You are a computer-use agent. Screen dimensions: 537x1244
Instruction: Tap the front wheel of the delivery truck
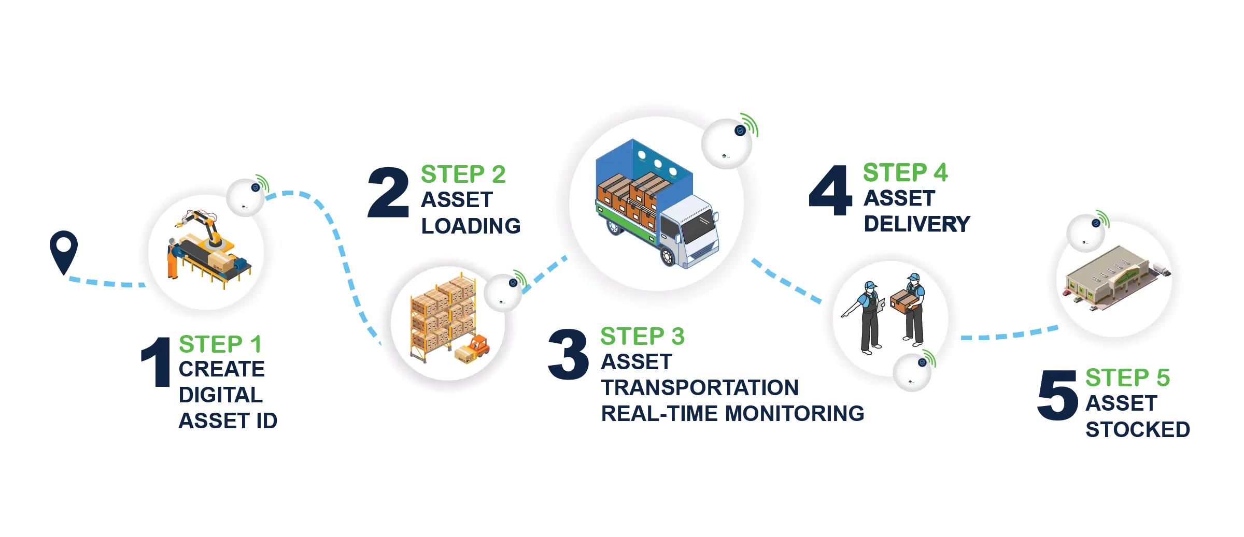pos(669,257)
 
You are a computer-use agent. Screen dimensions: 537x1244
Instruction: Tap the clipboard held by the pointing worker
pos(881,302)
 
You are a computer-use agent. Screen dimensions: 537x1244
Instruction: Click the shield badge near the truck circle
pos(740,130)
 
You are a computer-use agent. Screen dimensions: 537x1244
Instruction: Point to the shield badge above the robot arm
pos(256,187)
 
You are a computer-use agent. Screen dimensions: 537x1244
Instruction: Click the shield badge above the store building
pos(1096,223)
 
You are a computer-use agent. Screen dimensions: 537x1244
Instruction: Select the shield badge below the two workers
pos(923,363)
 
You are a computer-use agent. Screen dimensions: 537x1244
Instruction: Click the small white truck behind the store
pos(1161,270)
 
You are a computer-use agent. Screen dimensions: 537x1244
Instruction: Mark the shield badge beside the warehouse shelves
pos(513,283)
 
